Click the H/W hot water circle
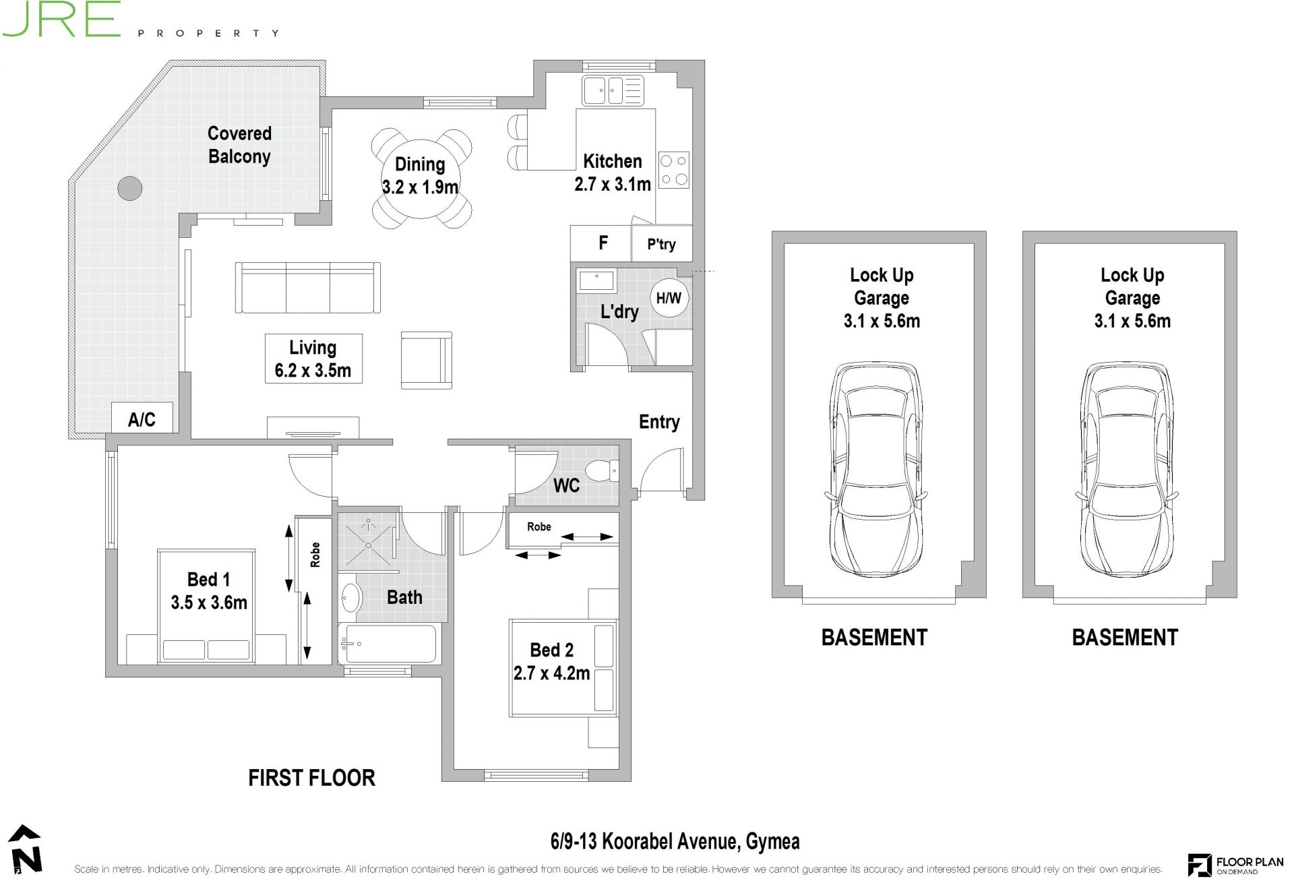669,297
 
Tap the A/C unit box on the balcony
142,418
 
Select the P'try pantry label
661,244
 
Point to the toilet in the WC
602,470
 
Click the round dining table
420,177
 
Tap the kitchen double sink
613,90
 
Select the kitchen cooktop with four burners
674,170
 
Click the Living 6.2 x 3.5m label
313,359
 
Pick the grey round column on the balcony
130,189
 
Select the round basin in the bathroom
350,597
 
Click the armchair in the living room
427,360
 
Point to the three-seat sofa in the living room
308,288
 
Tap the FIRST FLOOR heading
311,778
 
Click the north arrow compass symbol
25,850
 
